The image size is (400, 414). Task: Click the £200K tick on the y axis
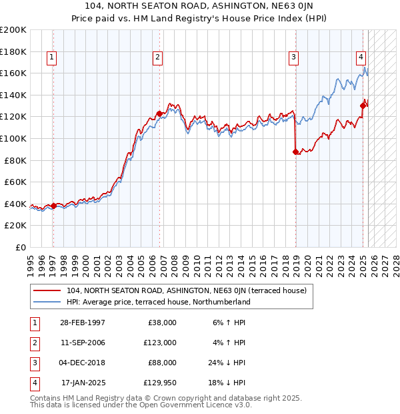[x=14, y=30]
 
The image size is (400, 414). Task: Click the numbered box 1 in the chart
[x=52, y=58]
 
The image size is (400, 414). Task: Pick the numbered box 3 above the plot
[x=293, y=58]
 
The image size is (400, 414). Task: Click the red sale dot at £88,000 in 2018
[x=295, y=152]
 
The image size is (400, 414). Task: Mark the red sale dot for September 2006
[x=159, y=114]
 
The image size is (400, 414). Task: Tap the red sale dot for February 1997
[x=53, y=206]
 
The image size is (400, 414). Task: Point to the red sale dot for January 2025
[x=363, y=106]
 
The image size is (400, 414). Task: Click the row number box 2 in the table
[x=33, y=343]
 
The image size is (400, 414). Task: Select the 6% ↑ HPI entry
[x=229, y=323]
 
